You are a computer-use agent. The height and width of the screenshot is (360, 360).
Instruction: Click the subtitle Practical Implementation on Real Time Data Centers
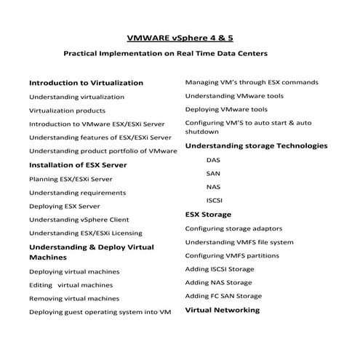click(166, 54)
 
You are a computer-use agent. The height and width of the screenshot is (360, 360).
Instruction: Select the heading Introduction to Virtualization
click(86, 83)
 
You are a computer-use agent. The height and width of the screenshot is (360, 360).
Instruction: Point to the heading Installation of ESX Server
click(78, 165)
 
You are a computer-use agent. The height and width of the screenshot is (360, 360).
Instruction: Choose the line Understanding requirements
click(77, 193)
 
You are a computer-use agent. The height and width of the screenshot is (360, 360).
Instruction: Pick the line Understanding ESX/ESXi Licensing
click(85, 233)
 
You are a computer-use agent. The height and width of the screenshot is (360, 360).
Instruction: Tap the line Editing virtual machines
click(71, 285)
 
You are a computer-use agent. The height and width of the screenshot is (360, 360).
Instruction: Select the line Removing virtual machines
click(73, 298)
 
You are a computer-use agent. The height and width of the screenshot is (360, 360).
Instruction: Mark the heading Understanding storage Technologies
click(256, 146)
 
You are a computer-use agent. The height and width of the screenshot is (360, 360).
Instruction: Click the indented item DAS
click(213, 160)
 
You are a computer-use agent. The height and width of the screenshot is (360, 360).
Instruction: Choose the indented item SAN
click(213, 174)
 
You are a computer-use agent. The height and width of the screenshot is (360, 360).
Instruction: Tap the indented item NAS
click(213, 187)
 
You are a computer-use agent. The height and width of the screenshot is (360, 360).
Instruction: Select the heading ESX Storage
click(208, 215)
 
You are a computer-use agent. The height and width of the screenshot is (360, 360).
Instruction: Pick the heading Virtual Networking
click(222, 310)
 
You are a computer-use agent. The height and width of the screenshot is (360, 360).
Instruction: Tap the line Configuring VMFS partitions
click(231, 255)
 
